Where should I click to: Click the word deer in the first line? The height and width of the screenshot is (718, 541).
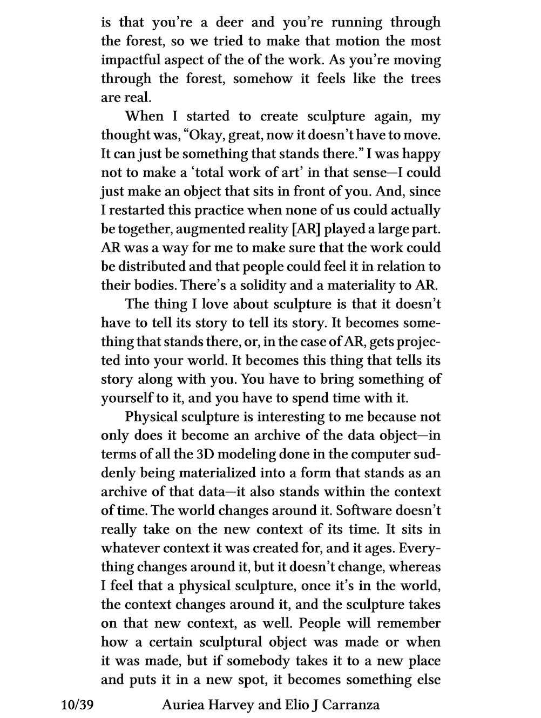(x=229, y=23)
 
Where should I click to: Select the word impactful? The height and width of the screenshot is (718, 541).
(x=128, y=60)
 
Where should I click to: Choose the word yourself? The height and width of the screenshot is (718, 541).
(x=125, y=398)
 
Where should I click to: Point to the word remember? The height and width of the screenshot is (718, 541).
(x=409, y=624)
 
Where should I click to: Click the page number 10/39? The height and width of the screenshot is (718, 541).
(x=78, y=705)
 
